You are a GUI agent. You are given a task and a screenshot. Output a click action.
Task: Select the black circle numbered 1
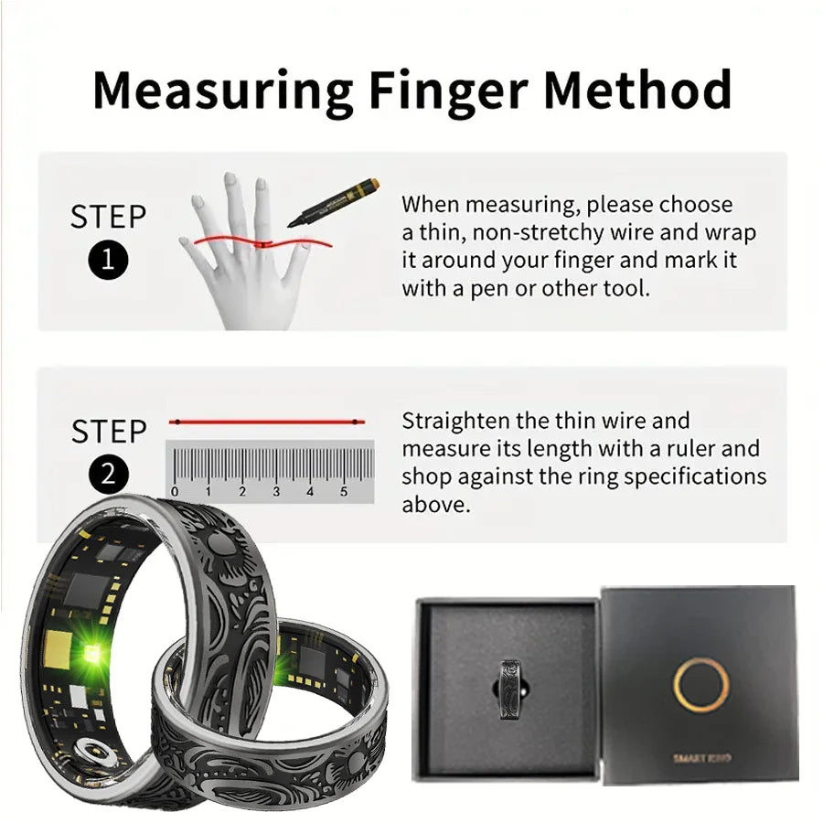tap(108, 260)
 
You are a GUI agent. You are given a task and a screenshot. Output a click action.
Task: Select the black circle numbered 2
tap(108, 475)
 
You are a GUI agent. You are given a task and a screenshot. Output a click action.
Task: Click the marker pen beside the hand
tap(333, 202)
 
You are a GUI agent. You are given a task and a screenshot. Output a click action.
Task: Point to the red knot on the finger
tap(262, 244)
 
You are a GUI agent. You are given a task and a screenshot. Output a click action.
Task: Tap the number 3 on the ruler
tap(276, 492)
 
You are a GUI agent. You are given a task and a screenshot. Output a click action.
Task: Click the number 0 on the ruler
tap(175, 492)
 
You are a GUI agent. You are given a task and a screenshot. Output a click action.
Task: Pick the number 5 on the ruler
tap(344, 492)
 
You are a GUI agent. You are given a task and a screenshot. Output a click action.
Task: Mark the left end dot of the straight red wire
tap(177, 422)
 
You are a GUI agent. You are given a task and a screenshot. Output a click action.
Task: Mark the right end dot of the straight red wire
tap(356, 422)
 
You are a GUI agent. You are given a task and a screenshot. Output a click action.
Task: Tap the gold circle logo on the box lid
tap(700, 684)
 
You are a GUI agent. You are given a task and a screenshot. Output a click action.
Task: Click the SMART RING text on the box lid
tap(701, 758)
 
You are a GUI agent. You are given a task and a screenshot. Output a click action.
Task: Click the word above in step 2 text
tap(435, 505)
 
